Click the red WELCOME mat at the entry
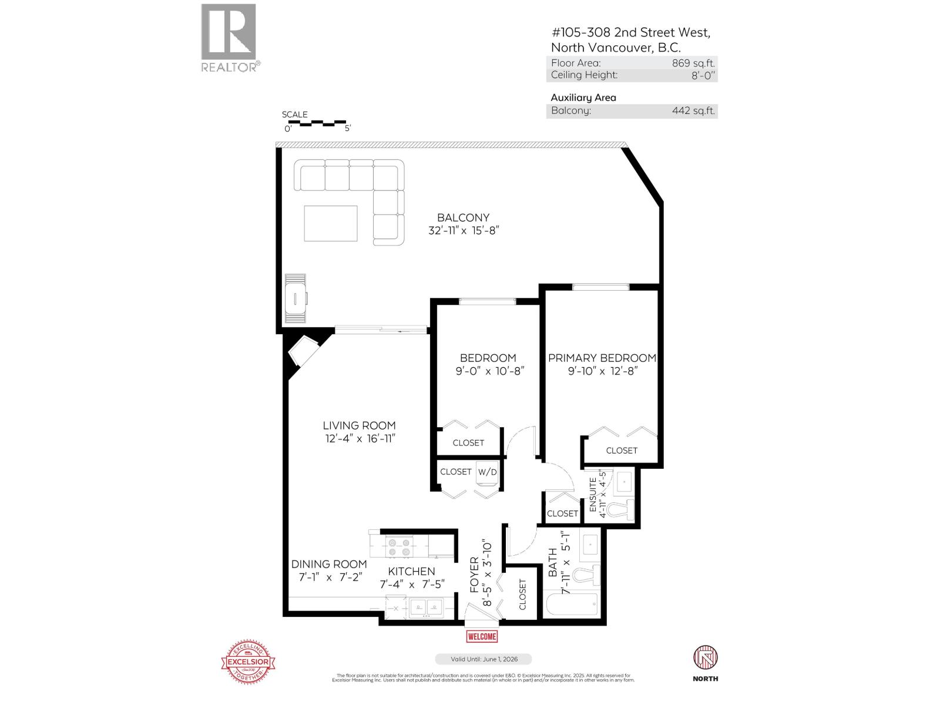(482, 636)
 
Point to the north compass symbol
(705, 658)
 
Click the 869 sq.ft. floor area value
(693, 63)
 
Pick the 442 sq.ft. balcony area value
(693, 110)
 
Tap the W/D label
(487, 472)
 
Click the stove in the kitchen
(399, 548)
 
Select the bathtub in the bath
(570, 603)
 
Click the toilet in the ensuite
(620, 509)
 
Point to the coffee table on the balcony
(331, 223)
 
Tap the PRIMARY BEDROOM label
(602, 358)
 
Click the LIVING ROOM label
(359, 425)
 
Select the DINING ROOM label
(329, 564)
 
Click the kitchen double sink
(427, 607)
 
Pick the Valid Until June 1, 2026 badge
(483, 659)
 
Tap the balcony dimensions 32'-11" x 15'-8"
(464, 231)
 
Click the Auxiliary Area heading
(583, 98)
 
